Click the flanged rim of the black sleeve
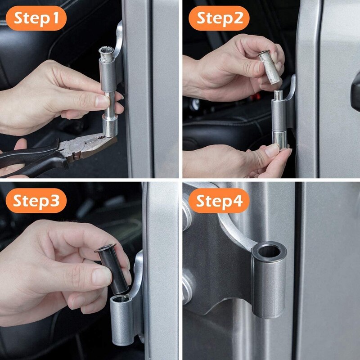click(x=105, y=248)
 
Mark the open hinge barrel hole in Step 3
click(x=122, y=299)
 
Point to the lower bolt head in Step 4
click(x=186, y=283)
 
